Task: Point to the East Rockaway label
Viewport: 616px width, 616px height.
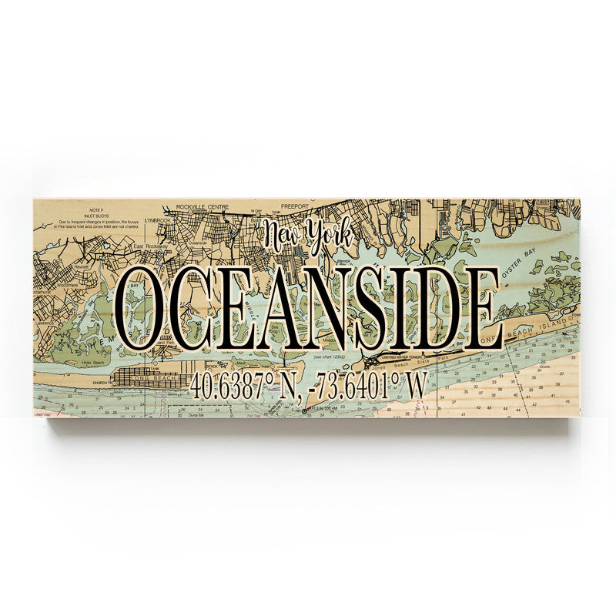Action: coord(149,246)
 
